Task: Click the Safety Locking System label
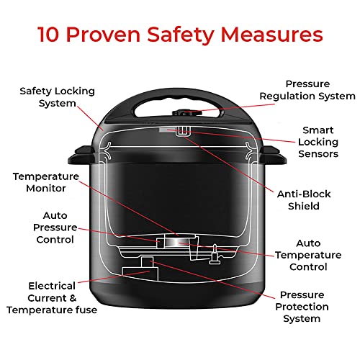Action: pos(48,97)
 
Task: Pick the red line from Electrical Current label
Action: pos(119,279)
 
